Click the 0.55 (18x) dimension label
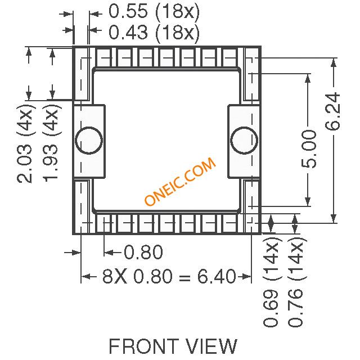click(x=154, y=11)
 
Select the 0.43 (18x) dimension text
click(x=154, y=32)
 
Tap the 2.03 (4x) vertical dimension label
click(x=25, y=143)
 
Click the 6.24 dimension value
click(x=332, y=111)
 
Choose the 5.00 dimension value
click(x=309, y=149)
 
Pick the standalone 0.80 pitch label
click(x=143, y=252)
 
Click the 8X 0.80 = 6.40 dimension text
click(x=169, y=276)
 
